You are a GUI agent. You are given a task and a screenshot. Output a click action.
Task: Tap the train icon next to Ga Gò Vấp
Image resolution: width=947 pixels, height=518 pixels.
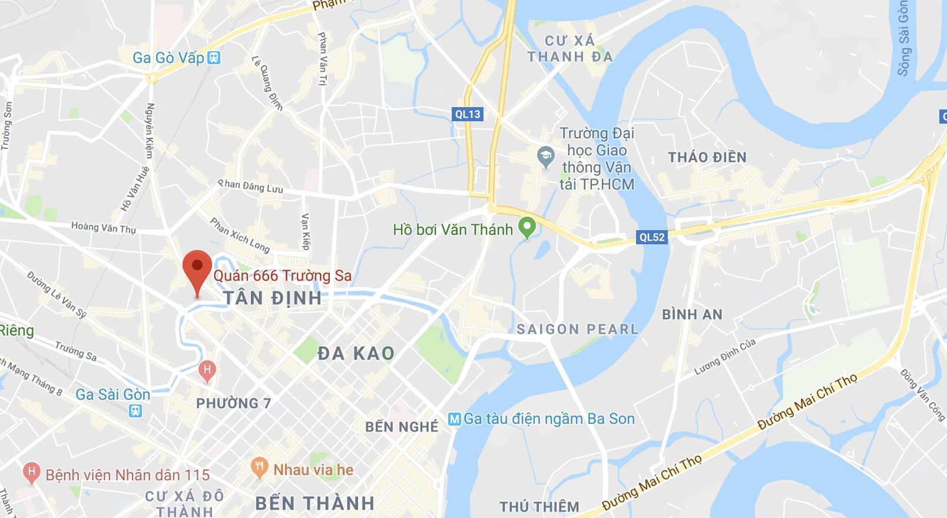214,58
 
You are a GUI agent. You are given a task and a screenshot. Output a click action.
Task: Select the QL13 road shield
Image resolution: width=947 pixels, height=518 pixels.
468,114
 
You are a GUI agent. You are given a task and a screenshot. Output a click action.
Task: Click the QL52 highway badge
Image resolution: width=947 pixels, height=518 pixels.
651,237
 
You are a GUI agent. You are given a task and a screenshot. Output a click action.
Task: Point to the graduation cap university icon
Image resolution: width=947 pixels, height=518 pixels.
547,157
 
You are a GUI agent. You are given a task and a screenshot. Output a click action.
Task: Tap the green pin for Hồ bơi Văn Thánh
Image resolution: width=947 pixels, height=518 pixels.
527,227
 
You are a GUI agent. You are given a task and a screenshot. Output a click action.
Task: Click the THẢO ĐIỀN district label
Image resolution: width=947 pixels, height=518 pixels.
707,157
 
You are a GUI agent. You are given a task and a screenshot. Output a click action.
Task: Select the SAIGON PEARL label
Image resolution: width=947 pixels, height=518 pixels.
577,329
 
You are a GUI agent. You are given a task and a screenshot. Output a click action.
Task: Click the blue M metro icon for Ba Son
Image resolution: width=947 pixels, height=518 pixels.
453,419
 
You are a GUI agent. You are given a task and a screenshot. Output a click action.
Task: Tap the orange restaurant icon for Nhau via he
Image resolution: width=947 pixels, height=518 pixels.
259,469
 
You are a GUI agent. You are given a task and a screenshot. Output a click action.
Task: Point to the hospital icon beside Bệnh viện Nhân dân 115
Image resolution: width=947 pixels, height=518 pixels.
32,473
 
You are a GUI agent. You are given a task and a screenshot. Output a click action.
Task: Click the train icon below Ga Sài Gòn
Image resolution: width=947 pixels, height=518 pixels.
137,410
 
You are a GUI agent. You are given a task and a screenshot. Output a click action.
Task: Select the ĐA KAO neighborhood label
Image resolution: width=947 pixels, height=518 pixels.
356,353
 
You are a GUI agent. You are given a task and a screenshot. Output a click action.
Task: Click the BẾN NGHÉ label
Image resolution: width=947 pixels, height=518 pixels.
402,427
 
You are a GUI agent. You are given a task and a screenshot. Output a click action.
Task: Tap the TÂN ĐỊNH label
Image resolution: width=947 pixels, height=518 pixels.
273,298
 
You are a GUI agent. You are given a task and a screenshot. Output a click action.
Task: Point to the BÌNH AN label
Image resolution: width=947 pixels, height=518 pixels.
692,314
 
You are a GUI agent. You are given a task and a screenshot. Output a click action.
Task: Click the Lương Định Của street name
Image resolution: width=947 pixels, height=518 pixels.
724,357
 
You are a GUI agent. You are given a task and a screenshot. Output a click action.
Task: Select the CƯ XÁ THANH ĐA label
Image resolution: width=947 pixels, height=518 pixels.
569,49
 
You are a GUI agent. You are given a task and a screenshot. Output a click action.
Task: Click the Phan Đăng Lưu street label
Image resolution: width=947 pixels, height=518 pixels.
251,187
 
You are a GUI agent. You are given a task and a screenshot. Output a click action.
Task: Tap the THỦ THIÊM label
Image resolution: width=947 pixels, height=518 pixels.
539,506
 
